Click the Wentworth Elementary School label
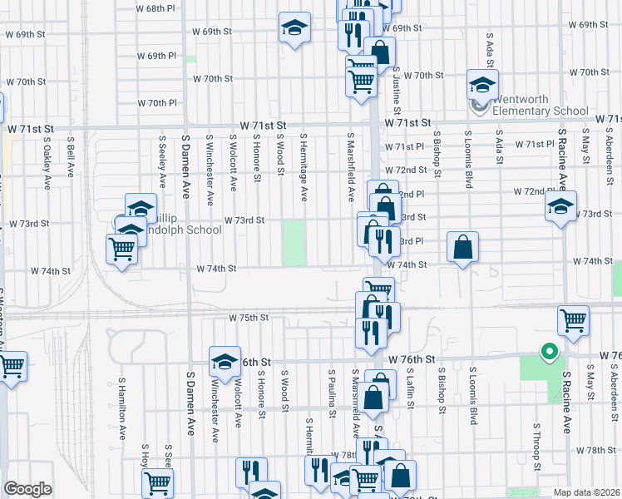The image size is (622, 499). click(541, 105)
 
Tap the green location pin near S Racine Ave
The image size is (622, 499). click(548, 353)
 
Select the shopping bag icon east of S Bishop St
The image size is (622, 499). click(462, 247)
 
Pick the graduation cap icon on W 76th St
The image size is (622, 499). click(224, 362)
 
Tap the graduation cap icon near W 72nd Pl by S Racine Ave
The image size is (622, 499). click(561, 207)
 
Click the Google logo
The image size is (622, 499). click(27, 489)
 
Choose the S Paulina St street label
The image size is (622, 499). click(332, 391)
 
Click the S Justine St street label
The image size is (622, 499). click(397, 91)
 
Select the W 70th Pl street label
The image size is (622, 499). click(157, 103)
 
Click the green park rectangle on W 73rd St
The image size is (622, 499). click(294, 243)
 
